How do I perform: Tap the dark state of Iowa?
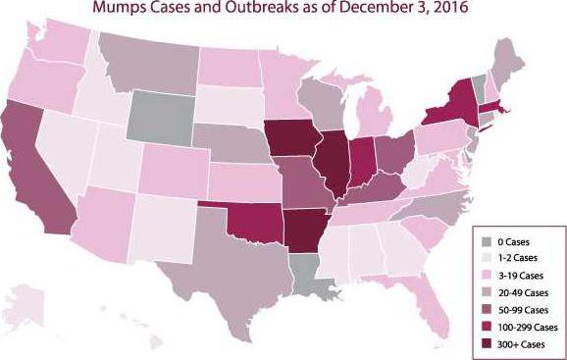(291, 138)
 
